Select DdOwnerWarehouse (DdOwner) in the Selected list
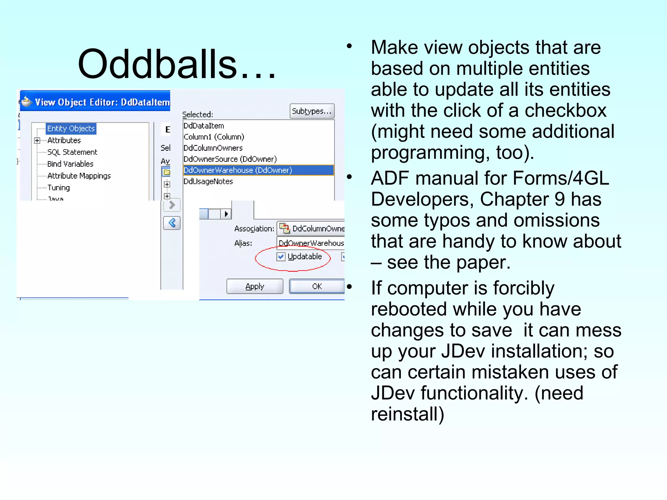tap(238, 170)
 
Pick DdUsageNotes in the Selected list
tap(208, 182)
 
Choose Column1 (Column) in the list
tap(214, 137)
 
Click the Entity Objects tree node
tap(71, 129)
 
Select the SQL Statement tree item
tap(72, 152)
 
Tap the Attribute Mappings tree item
tap(79, 176)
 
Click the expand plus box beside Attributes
tap(37, 141)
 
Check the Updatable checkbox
tap(281, 257)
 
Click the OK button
tap(317, 286)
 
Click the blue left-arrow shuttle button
tap(172, 223)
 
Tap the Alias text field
tap(311, 243)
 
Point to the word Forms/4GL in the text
tap(560, 178)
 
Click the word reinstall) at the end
tap(407, 414)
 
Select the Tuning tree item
tap(59, 188)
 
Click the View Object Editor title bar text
tap(102, 102)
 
